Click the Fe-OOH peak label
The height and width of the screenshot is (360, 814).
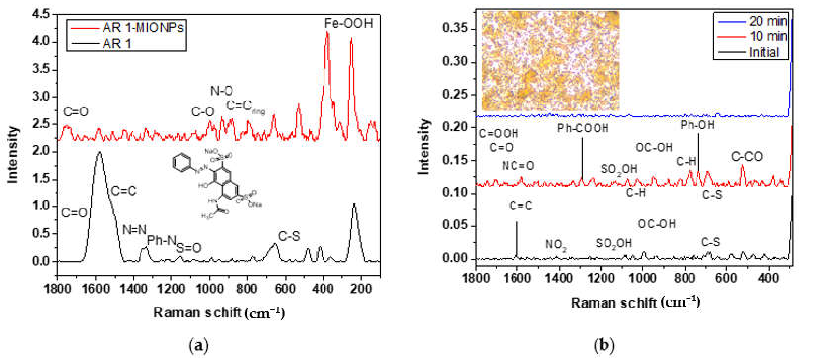point(349,24)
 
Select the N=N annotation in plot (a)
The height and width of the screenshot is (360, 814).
point(134,229)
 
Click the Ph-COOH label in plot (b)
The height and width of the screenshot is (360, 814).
point(583,128)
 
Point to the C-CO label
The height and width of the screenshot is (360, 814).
point(747,157)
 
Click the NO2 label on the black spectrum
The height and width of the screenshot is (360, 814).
point(556,244)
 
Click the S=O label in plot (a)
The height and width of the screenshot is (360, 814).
point(189,248)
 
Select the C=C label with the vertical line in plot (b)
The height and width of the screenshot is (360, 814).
point(520,206)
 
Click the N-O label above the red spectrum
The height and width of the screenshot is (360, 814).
point(221,91)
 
